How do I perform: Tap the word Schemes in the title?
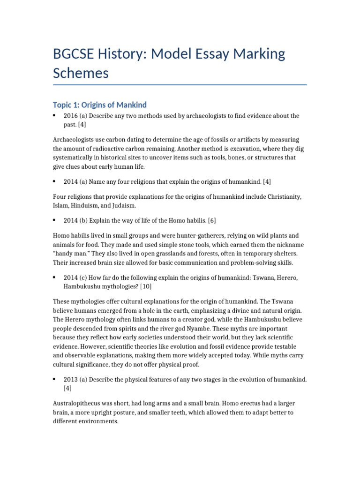[x=81, y=73]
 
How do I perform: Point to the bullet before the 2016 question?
[x=55, y=115]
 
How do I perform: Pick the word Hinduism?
[x=82, y=205]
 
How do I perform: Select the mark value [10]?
[x=143, y=286]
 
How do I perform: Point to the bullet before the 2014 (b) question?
[x=55, y=220]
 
